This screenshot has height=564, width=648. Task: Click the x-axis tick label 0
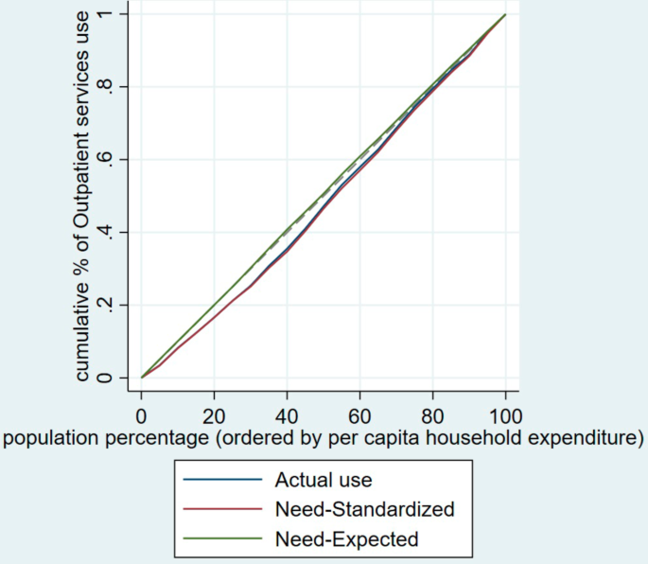pos(141,414)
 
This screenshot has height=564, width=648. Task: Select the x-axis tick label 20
pos(214,414)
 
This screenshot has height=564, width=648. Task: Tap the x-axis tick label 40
pos(287,414)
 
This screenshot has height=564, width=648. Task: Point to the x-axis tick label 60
pos(359,414)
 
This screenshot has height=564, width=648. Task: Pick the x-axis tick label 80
pos(432,414)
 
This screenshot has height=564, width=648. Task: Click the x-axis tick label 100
pos(505,414)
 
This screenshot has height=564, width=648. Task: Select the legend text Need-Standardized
pos(364,509)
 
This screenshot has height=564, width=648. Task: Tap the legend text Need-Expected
pos(347,539)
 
